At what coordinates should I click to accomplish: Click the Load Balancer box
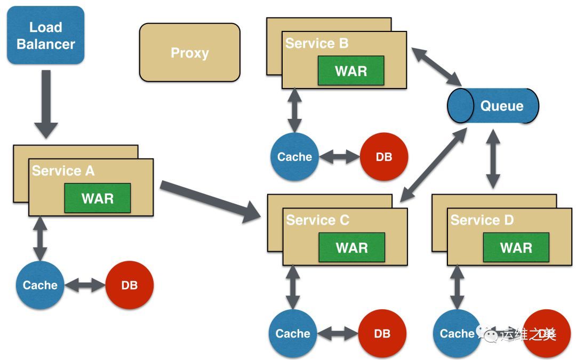click(46, 35)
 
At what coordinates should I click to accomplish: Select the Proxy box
click(189, 52)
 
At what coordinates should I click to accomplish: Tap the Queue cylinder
click(493, 106)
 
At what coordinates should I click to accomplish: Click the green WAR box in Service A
click(97, 198)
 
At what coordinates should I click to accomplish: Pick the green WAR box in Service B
click(350, 70)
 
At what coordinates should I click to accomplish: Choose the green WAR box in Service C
click(351, 247)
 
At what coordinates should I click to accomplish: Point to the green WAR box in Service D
click(516, 247)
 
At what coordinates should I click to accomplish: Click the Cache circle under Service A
click(40, 285)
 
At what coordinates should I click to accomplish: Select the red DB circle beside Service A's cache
click(129, 285)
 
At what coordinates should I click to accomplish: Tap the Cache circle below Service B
click(294, 157)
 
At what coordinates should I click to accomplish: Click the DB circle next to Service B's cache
click(383, 157)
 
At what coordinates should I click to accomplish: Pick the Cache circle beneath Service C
click(293, 333)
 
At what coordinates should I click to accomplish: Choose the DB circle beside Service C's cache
click(382, 333)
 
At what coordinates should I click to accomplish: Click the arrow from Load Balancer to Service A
click(46, 104)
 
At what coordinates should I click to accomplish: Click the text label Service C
click(317, 220)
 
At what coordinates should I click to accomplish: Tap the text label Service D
click(482, 220)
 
